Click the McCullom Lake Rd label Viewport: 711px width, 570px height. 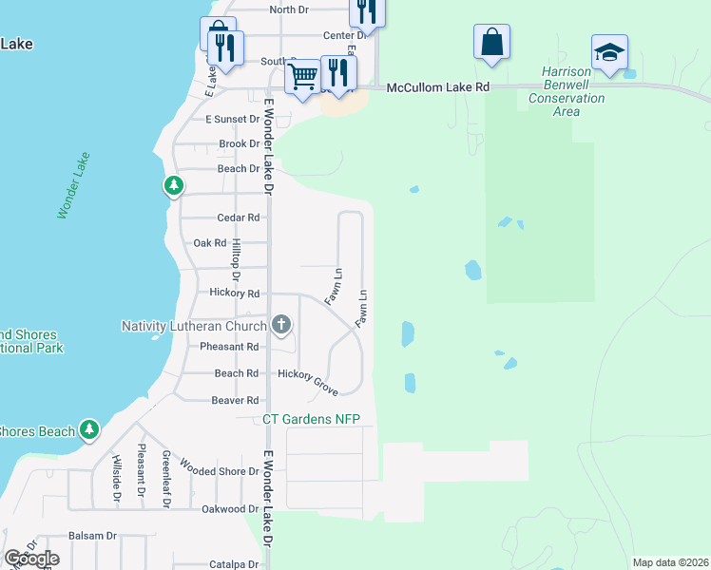pos(438,87)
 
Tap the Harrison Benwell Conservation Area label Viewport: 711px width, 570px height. pos(567,91)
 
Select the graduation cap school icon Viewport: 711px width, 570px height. pos(609,51)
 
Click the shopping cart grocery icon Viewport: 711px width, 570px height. pos(303,75)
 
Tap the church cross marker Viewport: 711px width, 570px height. pos(280,326)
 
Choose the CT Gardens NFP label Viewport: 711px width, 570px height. pos(312,419)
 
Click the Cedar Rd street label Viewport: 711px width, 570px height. pos(239,218)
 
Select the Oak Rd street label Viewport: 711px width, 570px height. pos(209,243)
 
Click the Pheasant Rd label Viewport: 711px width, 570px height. pos(229,347)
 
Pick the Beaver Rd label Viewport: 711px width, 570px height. pos(235,401)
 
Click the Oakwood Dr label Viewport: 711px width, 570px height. pos(224,509)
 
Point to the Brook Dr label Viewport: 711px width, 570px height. pos(240,144)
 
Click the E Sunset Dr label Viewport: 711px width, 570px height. pos(233,119)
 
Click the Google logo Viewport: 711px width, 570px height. pos(31,559)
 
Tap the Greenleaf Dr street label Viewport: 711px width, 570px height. pos(164,480)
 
